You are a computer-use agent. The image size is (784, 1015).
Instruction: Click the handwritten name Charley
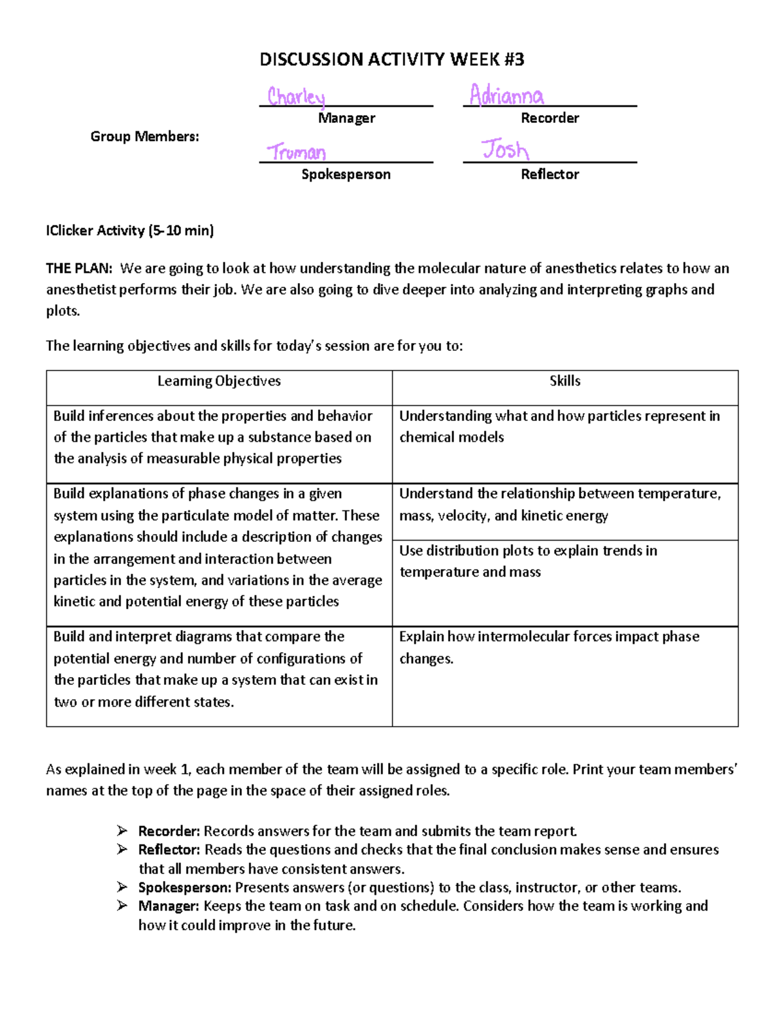point(296,97)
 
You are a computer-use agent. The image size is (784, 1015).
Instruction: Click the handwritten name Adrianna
point(506,96)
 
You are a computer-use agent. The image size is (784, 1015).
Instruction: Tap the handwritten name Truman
point(296,152)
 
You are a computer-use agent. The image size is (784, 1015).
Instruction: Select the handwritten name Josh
point(505,150)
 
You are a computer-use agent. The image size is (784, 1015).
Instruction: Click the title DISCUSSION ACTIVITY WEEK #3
point(391,59)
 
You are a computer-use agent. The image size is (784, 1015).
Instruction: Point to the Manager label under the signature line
point(346,118)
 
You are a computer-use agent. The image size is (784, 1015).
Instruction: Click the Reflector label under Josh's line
point(549,175)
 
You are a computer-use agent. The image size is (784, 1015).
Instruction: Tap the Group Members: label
point(144,137)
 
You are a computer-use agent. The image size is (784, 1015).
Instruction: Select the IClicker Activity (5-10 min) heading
point(129,230)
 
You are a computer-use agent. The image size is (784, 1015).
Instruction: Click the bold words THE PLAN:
point(79,269)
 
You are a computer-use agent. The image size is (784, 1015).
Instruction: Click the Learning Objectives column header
point(219,381)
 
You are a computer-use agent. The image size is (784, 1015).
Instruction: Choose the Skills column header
point(564,381)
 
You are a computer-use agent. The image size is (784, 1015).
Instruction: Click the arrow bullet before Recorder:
point(122,831)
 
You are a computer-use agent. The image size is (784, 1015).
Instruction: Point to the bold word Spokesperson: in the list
point(184,888)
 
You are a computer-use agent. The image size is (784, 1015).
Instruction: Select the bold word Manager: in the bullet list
point(169,906)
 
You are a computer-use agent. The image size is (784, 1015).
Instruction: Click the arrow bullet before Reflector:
point(122,850)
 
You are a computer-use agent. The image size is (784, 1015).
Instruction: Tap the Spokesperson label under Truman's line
point(346,175)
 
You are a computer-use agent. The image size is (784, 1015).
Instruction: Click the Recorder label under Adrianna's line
point(549,118)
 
